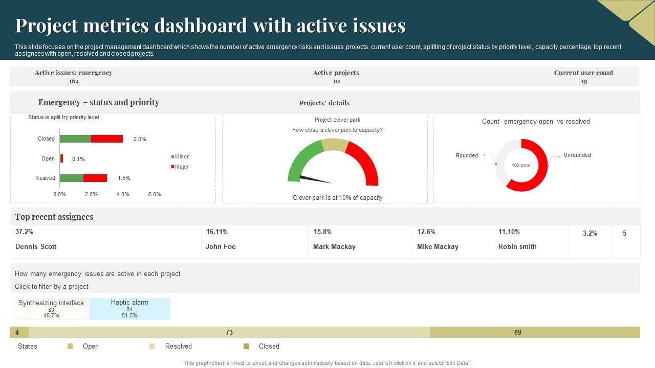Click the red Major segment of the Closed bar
point(107,139)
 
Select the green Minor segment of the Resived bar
point(71,178)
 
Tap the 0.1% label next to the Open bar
point(78,159)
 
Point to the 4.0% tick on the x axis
point(123,194)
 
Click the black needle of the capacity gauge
point(315,179)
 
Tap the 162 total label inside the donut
point(521,166)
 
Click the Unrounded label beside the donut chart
point(577,155)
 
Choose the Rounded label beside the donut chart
point(467,155)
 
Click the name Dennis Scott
point(36,246)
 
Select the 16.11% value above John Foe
point(217,232)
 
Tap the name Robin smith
point(517,246)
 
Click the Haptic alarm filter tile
point(129,309)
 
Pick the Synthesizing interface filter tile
point(51,309)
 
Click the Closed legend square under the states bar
point(246,346)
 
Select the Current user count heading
point(583,73)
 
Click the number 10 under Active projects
point(336,81)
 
